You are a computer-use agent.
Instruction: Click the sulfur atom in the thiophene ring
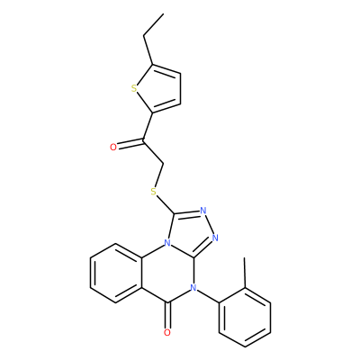134,89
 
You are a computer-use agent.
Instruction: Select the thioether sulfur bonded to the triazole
154,191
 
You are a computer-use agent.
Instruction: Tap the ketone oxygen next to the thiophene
113,147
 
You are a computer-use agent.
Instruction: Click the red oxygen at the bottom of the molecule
167,332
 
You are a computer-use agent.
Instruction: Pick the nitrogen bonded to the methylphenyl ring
193,288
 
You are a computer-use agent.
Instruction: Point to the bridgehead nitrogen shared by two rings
167,242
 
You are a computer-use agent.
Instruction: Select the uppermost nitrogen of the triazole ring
203,210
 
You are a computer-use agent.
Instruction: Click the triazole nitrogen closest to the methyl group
215,238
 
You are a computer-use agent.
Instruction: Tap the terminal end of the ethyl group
164,13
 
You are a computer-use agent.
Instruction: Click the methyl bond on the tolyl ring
245,273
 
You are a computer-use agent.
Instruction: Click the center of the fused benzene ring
116,273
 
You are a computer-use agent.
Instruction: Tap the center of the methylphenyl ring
245,318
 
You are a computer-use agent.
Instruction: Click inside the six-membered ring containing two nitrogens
167,273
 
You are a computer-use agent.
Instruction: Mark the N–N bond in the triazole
209,224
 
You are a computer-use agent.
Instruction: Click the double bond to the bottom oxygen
168,315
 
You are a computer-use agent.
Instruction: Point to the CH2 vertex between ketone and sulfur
163,164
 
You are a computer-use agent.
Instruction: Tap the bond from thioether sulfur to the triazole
166,203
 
